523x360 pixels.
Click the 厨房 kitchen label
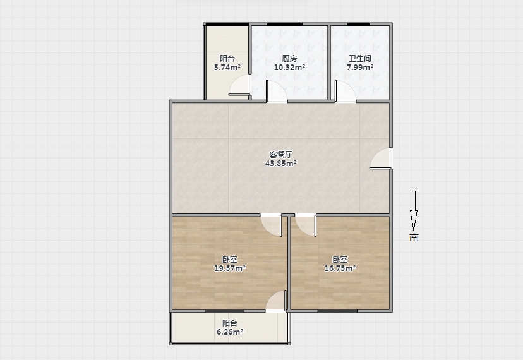point(289,58)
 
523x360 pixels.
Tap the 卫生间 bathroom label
point(360,58)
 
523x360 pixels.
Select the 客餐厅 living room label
point(281,155)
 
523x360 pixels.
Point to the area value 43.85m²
point(281,163)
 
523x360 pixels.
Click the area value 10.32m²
point(289,68)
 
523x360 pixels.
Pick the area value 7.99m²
point(360,68)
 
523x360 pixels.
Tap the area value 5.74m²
point(227,68)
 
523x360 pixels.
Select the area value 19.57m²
point(230,268)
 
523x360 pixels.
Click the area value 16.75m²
point(340,268)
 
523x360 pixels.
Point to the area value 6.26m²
point(230,332)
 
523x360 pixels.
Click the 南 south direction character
point(414,237)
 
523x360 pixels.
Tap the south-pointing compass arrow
point(414,210)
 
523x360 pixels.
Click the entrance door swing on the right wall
point(381,159)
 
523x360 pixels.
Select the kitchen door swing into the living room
point(276,91)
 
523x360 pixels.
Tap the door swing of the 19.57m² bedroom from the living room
point(272,226)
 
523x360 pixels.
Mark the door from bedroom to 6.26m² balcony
point(276,301)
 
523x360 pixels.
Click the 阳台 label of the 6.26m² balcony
point(230,323)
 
